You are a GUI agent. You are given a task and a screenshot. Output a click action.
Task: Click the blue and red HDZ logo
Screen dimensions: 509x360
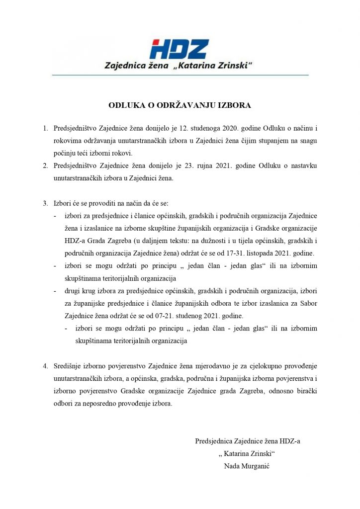[180, 49]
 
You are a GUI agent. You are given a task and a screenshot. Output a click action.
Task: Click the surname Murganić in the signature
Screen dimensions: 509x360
[255, 466]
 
